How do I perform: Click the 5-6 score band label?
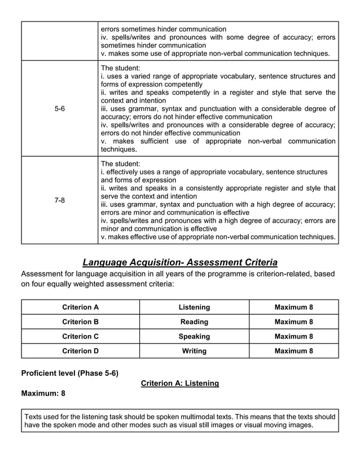point(59,109)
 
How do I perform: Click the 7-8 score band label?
point(59,200)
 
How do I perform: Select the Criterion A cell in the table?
point(80,307)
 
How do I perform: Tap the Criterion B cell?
point(80,322)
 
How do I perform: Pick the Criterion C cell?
point(80,336)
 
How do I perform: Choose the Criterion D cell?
point(80,351)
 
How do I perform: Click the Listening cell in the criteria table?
point(194,307)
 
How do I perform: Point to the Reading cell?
point(194,322)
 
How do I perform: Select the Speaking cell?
point(194,336)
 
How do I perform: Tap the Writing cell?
point(194,351)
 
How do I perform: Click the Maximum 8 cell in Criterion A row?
point(293,307)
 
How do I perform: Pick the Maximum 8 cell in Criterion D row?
point(293,351)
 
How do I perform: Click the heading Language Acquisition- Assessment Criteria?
point(180,262)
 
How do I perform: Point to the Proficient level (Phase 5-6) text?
point(69,373)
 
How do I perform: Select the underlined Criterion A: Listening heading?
point(179,384)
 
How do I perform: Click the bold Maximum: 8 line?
point(43,393)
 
